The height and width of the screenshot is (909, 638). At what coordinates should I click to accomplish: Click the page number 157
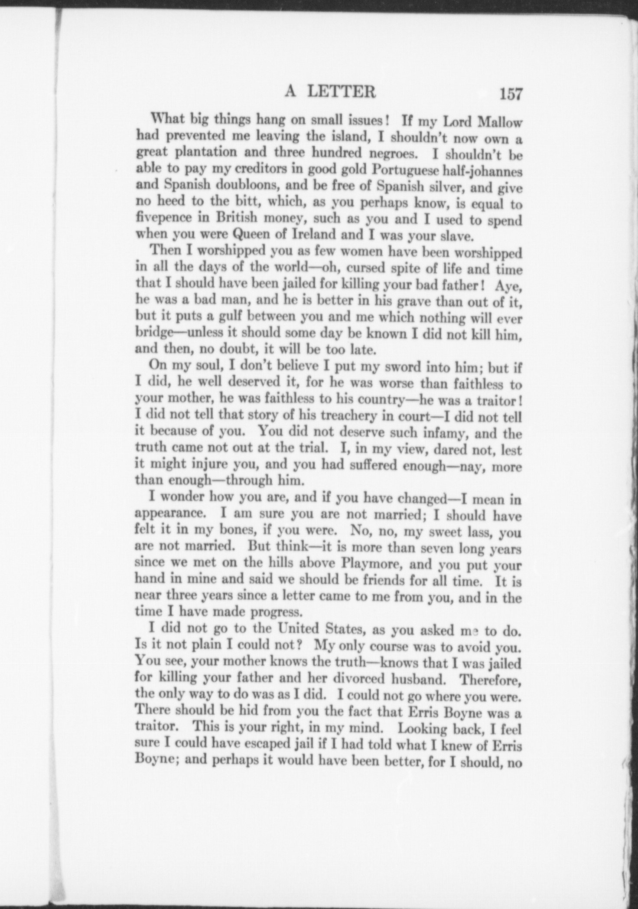point(511,94)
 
